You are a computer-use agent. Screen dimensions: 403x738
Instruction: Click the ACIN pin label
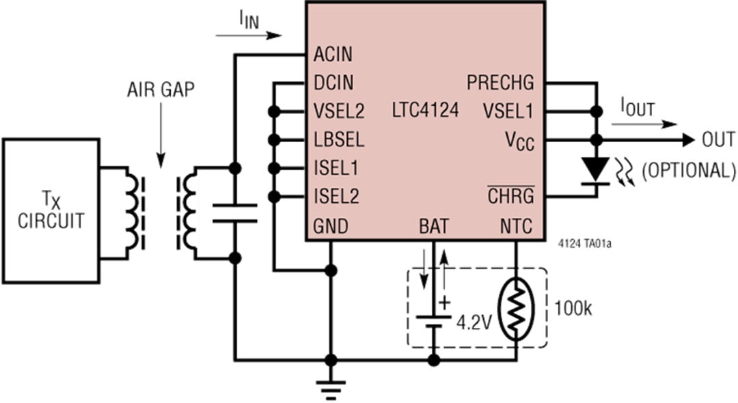(334, 55)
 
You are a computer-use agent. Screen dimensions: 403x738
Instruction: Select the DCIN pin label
(334, 83)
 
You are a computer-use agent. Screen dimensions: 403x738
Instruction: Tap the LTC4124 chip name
(425, 110)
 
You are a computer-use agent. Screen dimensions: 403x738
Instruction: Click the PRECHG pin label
(500, 83)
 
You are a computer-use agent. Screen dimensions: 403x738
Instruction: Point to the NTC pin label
(516, 225)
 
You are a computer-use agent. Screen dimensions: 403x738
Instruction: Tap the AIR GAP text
(161, 90)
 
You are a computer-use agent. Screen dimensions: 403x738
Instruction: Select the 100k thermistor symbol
(515, 309)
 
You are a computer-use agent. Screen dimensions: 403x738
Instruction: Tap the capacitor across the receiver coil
(234, 212)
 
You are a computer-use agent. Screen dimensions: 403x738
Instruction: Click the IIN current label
(249, 20)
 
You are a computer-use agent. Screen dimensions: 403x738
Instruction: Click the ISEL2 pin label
(336, 197)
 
